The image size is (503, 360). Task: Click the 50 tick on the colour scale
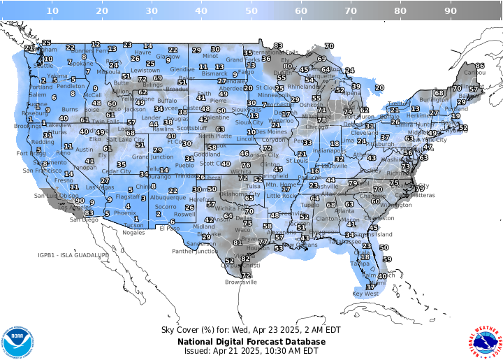pyautogui.click(x=251, y=11)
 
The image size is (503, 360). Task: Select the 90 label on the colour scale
pyautogui.click(x=451, y=11)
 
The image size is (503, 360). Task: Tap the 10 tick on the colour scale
pyautogui.click(x=52, y=11)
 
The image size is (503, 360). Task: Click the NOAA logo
pyautogui.click(x=17, y=340)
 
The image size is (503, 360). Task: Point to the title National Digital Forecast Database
pyautogui.click(x=251, y=341)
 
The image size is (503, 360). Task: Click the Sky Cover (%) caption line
pyautogui.click(x=251, y=330)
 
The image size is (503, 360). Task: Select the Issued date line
pyautogui.click(x=251, y=351)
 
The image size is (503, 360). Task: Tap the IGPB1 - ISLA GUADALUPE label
pyautogui.click(x=73, y=256)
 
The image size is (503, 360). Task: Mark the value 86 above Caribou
pyautogui.click(x=480, y=66)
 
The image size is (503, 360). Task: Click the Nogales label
pyautogui.click(x=135, y=232)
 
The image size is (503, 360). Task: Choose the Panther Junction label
pyautogui.click(x=195, y=251)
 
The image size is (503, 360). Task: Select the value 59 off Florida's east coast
pyautogui.click(x=386, y=259)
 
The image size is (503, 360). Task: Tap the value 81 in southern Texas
pyautogui.click(x=238, y=243)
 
